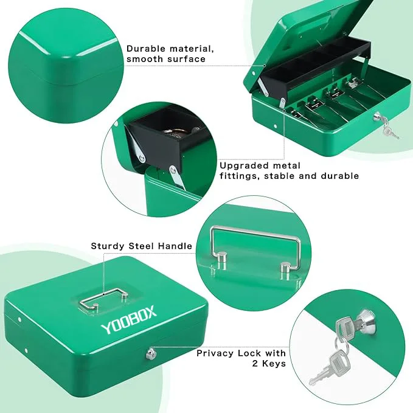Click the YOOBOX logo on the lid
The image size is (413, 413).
click(128, 320)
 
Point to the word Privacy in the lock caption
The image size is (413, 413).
click(216, 353)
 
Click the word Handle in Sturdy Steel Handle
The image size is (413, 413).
click(175, 246)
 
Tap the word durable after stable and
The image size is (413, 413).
click(340, 176)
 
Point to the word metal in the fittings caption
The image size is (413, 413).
click(285, 165)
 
